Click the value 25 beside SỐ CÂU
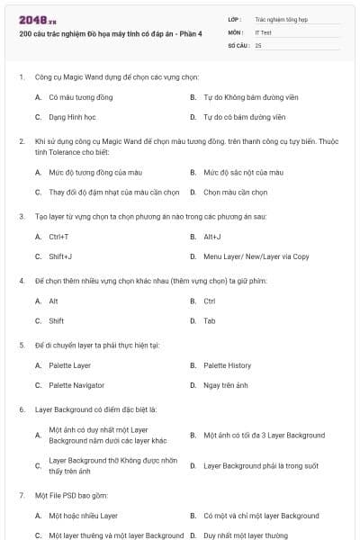click(258, 44)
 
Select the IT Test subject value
click(263, 31)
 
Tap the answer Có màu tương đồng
click(81, 96)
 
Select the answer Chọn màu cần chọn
click(236, 192)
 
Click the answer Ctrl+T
click(58, 236)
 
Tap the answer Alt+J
click(212, 236)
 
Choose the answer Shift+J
click(60, 256)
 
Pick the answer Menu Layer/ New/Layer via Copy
click(256, 256)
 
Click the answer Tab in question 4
click(209, 320)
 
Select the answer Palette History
click(227, 365)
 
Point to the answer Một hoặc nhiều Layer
click(83, 516)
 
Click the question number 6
click(21, 409)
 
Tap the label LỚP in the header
click(234, 18)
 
